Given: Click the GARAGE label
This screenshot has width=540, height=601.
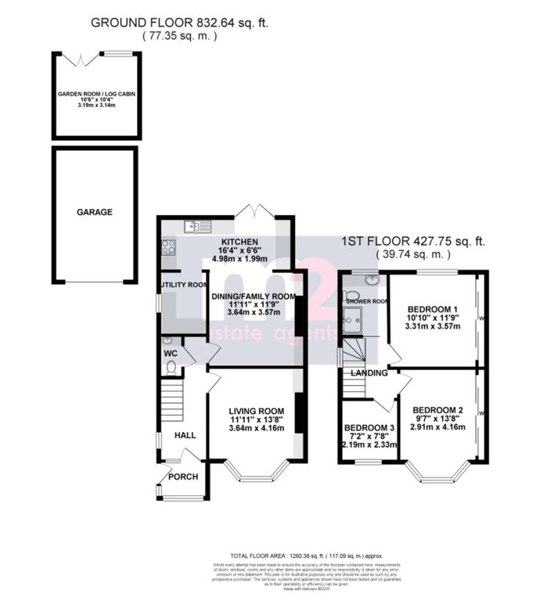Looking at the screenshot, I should pyautogui.click(x=94, y=212).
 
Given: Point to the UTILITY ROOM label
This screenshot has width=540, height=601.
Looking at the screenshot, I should pyautogui.click(x=182, y=285).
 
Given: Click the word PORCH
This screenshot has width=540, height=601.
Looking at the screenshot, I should pyautogui.click(x=184, y=477).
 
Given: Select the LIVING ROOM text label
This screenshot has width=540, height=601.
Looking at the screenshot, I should pyautogui.click(x=257, y=412).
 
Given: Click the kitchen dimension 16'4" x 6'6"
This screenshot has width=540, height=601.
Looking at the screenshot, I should pyautogui.click(x=245, y=251).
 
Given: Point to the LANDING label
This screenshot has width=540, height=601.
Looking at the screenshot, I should pyautogui.click(x=371, y=373).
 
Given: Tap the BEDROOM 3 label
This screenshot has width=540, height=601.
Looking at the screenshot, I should pyautogui.click(x=371, y=428).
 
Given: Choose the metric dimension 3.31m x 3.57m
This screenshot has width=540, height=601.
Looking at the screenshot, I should pyautogui.click(x=435, y=329).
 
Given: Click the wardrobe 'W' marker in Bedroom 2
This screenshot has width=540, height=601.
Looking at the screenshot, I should pyautogui.click(x=482, y=413).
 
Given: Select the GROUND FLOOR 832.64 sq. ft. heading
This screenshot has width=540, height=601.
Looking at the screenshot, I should pyautogui.click(x=180, y=23).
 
